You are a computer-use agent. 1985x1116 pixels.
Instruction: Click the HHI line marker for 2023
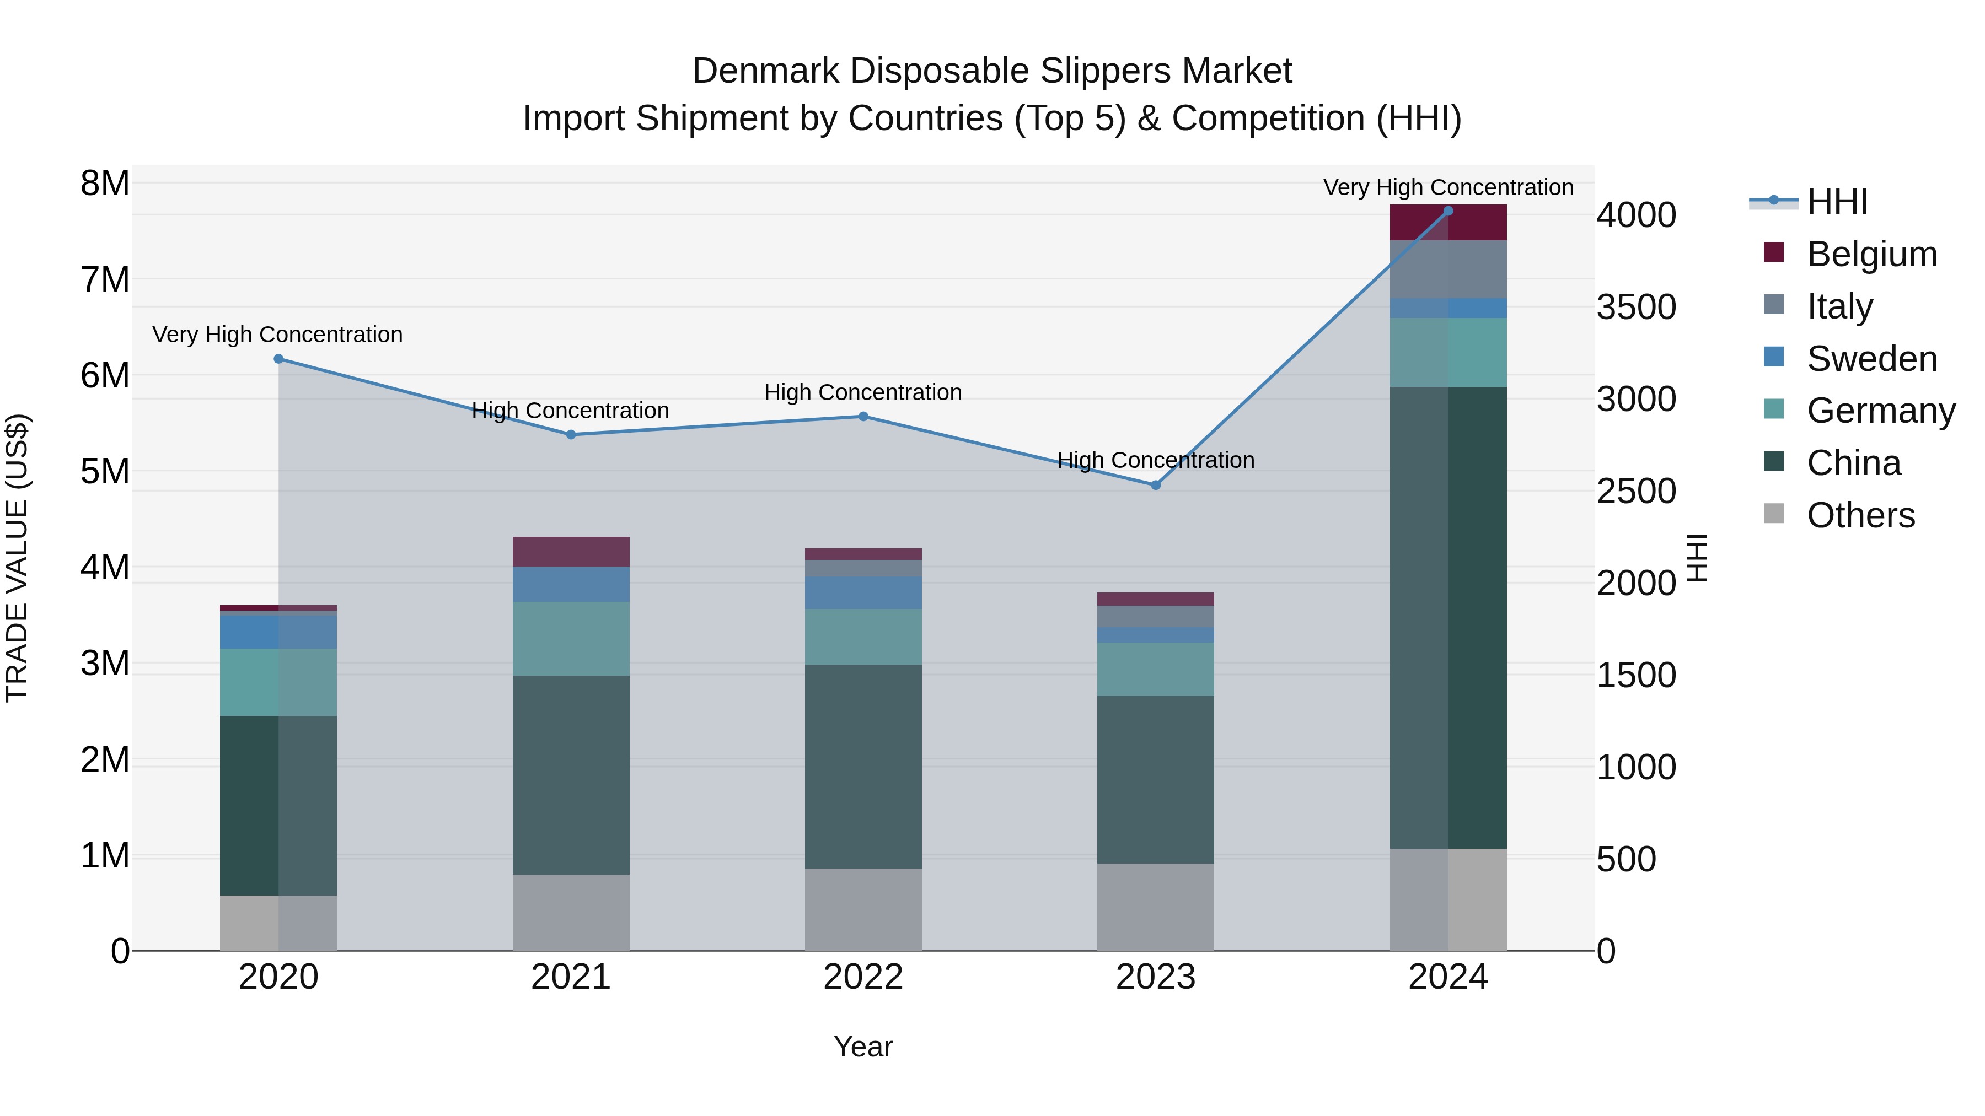[x=1155, y=485]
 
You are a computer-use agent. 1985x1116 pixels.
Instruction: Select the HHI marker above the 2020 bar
[x=279, y=359]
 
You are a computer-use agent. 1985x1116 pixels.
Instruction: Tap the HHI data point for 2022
[x=863, y=417]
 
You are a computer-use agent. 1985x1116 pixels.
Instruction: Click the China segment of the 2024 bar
[x=1448, y=617]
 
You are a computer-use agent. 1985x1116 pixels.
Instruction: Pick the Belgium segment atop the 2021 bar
[x=571, y=552]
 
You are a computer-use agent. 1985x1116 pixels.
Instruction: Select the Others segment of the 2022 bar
[x=863, y=909]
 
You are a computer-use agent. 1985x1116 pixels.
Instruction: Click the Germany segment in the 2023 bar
[x=1155, y=669]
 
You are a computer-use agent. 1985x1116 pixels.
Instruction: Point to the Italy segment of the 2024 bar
[x=1448, y=269]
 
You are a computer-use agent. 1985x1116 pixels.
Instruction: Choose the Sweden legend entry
[x=1871, y=359]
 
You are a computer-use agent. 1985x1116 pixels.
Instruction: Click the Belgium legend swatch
[x=1773, y=252]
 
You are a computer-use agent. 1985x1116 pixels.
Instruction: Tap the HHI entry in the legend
[x=1837, y=202]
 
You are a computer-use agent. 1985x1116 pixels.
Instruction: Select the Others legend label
[x=1860, y=515]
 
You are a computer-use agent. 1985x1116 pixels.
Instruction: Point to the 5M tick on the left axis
[x=105, y=471]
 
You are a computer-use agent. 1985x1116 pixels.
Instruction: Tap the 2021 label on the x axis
[x=571, y=977]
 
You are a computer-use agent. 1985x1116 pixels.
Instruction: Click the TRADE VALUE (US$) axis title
[x=17, y=558]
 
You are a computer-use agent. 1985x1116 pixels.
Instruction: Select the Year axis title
[x=863, y=1047]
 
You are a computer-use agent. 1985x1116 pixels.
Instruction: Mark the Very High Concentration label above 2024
[x=1448, y=187]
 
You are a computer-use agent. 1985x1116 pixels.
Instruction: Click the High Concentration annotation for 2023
[x=1155, y=460]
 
